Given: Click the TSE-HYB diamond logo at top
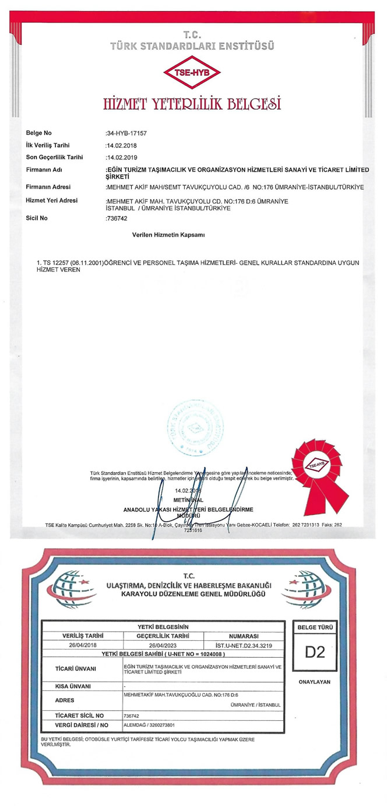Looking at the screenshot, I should click(x=192, y=74).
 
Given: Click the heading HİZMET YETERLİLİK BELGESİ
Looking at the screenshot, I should click(x=192, y=104).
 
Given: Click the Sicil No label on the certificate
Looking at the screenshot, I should click(x=37, y=218).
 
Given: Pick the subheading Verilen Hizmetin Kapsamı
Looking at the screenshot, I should click(x=169, y=234).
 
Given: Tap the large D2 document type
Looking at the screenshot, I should click(x=315, y=653).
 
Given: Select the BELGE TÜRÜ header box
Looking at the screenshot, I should click(x=315, y=627).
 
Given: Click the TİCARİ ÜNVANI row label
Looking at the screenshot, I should click(x=75, y=669).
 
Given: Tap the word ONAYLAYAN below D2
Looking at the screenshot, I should click(x=315, y=682).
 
